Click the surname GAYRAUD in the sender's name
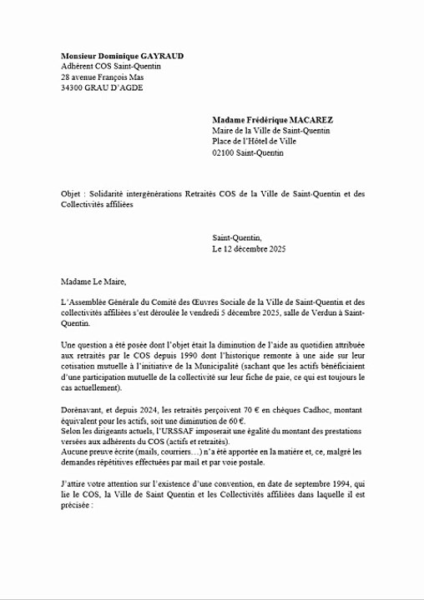tap(158, 56)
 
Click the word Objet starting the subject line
tap(72, 193)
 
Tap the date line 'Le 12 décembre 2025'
tap(249, 248)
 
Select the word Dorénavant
tap(83, 409)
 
